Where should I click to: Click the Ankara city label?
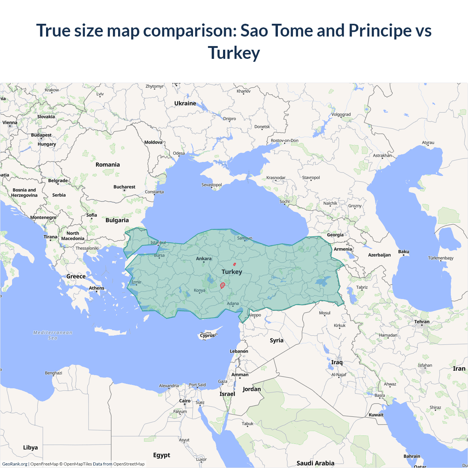[204, 258]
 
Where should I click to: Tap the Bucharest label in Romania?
[124, 187]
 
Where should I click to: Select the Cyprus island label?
[207, 335]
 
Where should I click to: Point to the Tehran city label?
[422, 322]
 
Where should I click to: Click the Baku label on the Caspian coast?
[404, 252]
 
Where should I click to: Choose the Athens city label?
[97, 288]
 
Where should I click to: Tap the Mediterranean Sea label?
[53, 335]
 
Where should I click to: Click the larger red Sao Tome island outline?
[222, 286]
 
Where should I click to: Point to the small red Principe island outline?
[234, 264]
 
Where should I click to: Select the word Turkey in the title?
[234, 53]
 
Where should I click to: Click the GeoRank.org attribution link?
[15, 464]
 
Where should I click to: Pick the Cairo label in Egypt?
[185, 401]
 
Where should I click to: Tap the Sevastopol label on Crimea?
[212, 185]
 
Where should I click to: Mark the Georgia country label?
[335, 235]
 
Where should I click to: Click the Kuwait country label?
[376, 415]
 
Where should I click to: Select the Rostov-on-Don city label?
[284, 140]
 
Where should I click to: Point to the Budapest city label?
[41, 135]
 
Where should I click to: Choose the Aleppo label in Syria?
[255, 315]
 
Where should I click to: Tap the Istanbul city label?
[158, 242]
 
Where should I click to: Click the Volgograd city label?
[341, 114]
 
